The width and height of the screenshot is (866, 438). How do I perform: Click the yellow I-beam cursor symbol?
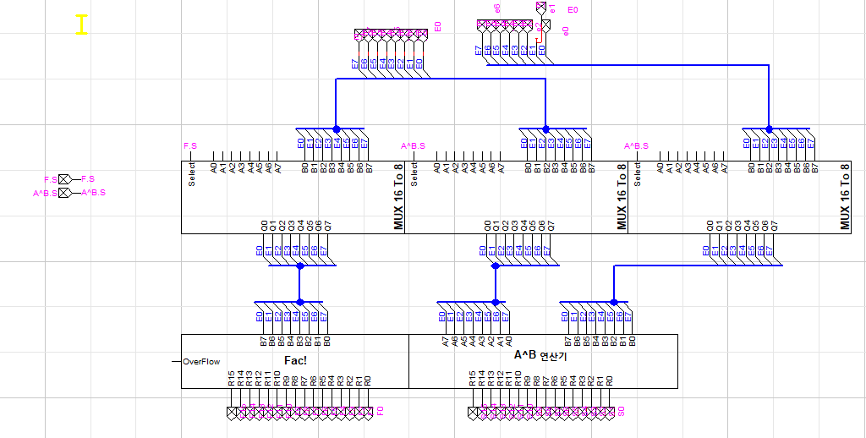point(81,25)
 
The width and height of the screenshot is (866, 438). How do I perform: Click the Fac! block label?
point(294,360)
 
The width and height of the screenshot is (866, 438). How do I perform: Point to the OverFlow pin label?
point(201,362)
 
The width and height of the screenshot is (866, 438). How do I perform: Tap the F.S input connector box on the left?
point(64,179)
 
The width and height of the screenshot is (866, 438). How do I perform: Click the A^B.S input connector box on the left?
point(64,193)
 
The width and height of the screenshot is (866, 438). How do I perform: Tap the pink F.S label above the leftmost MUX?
point(189,146)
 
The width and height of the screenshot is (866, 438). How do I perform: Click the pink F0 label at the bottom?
point(380,412)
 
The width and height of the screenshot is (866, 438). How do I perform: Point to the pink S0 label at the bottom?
point(621,412)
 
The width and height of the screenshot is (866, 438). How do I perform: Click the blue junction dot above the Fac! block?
point(299,302)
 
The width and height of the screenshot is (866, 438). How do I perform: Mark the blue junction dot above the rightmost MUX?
point(769,129)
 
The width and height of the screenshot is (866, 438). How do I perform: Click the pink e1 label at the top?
point(551,8)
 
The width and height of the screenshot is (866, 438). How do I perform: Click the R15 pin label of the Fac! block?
point(231,379)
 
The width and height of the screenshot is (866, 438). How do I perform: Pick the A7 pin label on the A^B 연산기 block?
point(446,341)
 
